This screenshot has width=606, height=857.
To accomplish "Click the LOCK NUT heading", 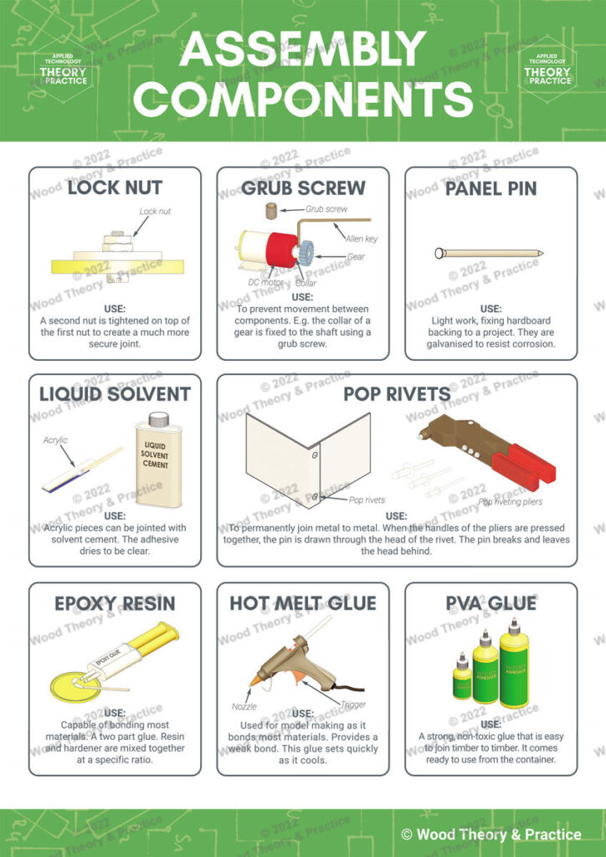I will click(x=115, y=187).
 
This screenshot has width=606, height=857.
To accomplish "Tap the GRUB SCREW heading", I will click(x=303, y=187).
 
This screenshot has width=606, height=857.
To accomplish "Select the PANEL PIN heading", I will click(x=490, y=187).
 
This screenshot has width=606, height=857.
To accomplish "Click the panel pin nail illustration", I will click(x=490, y=252).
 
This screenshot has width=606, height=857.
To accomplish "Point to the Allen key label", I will click(x=362, y=239).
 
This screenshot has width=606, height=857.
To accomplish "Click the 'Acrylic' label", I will click(x=56, y=440).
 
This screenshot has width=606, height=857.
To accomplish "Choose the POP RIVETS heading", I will click(x=397, y=394).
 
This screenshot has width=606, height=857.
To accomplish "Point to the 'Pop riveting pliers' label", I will click(x=511, y=503).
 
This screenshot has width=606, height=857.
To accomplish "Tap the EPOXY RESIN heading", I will click(x=115, y=603).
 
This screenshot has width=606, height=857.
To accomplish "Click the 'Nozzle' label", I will click(x=244, y=706).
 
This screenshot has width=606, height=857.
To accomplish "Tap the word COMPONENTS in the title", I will click(x=303, y=99).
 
